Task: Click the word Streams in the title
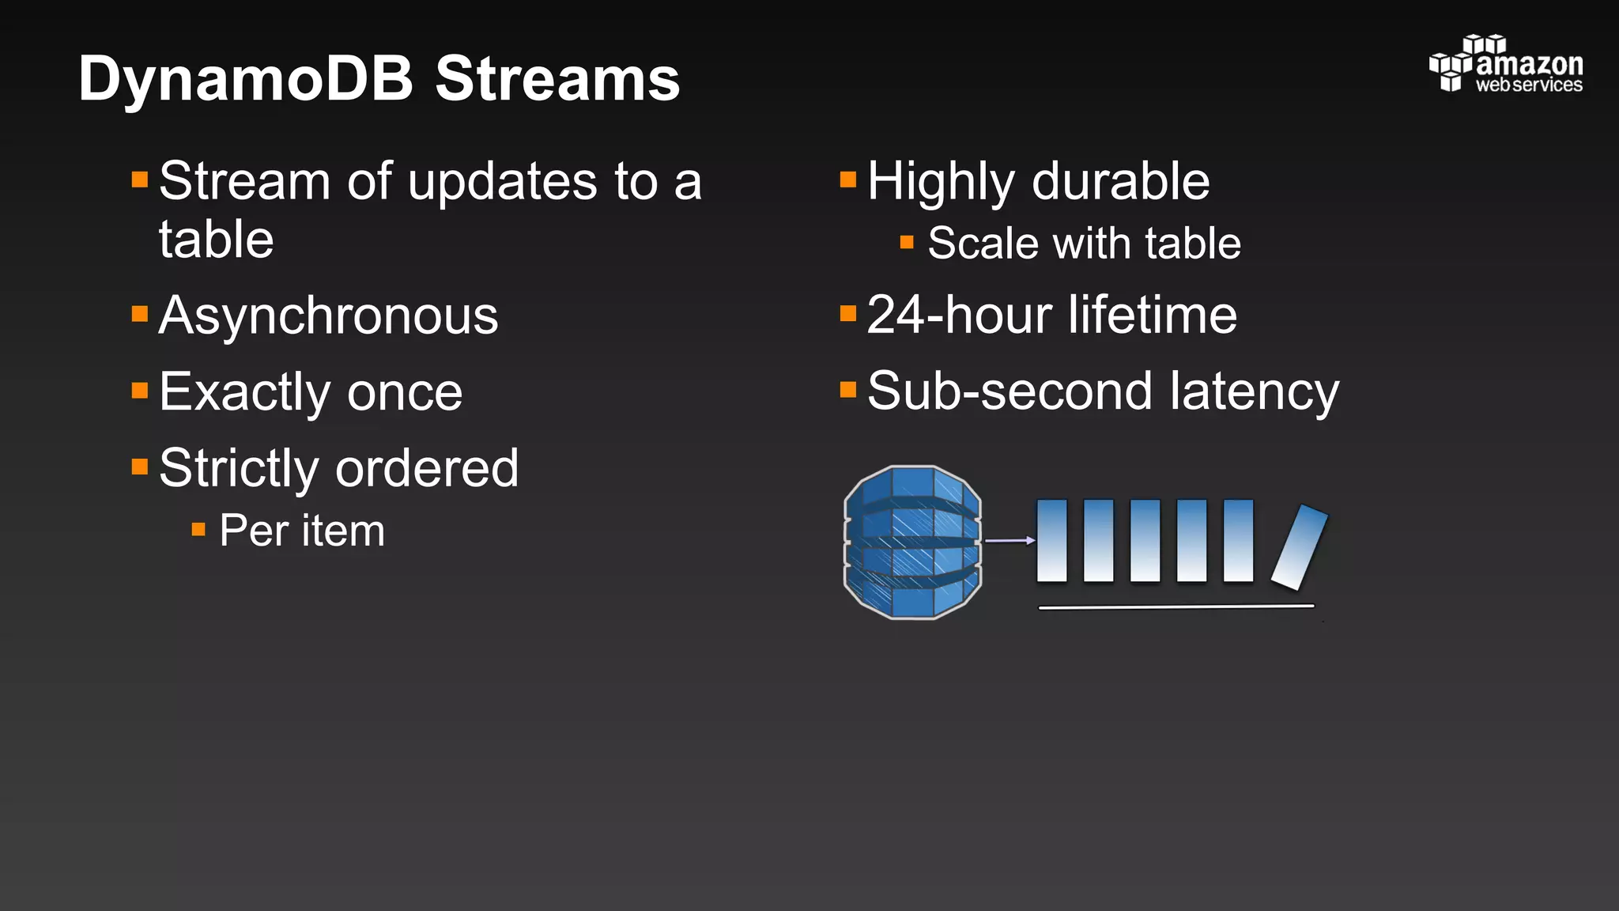(557, 79)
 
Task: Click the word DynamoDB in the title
(246, 79)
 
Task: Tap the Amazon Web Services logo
(1505, 65)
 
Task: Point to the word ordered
(427, 468)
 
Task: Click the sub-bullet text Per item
(302, 531)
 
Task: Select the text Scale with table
(1084, 244)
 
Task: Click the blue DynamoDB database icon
(912, 542)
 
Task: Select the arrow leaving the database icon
(1010, 541)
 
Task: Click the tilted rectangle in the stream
(1299, 547)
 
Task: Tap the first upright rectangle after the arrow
(1051, 541)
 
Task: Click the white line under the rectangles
(1176, 607)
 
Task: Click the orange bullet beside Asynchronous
(140, 315)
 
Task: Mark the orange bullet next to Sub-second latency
(848, 390)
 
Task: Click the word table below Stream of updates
(216, 240)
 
